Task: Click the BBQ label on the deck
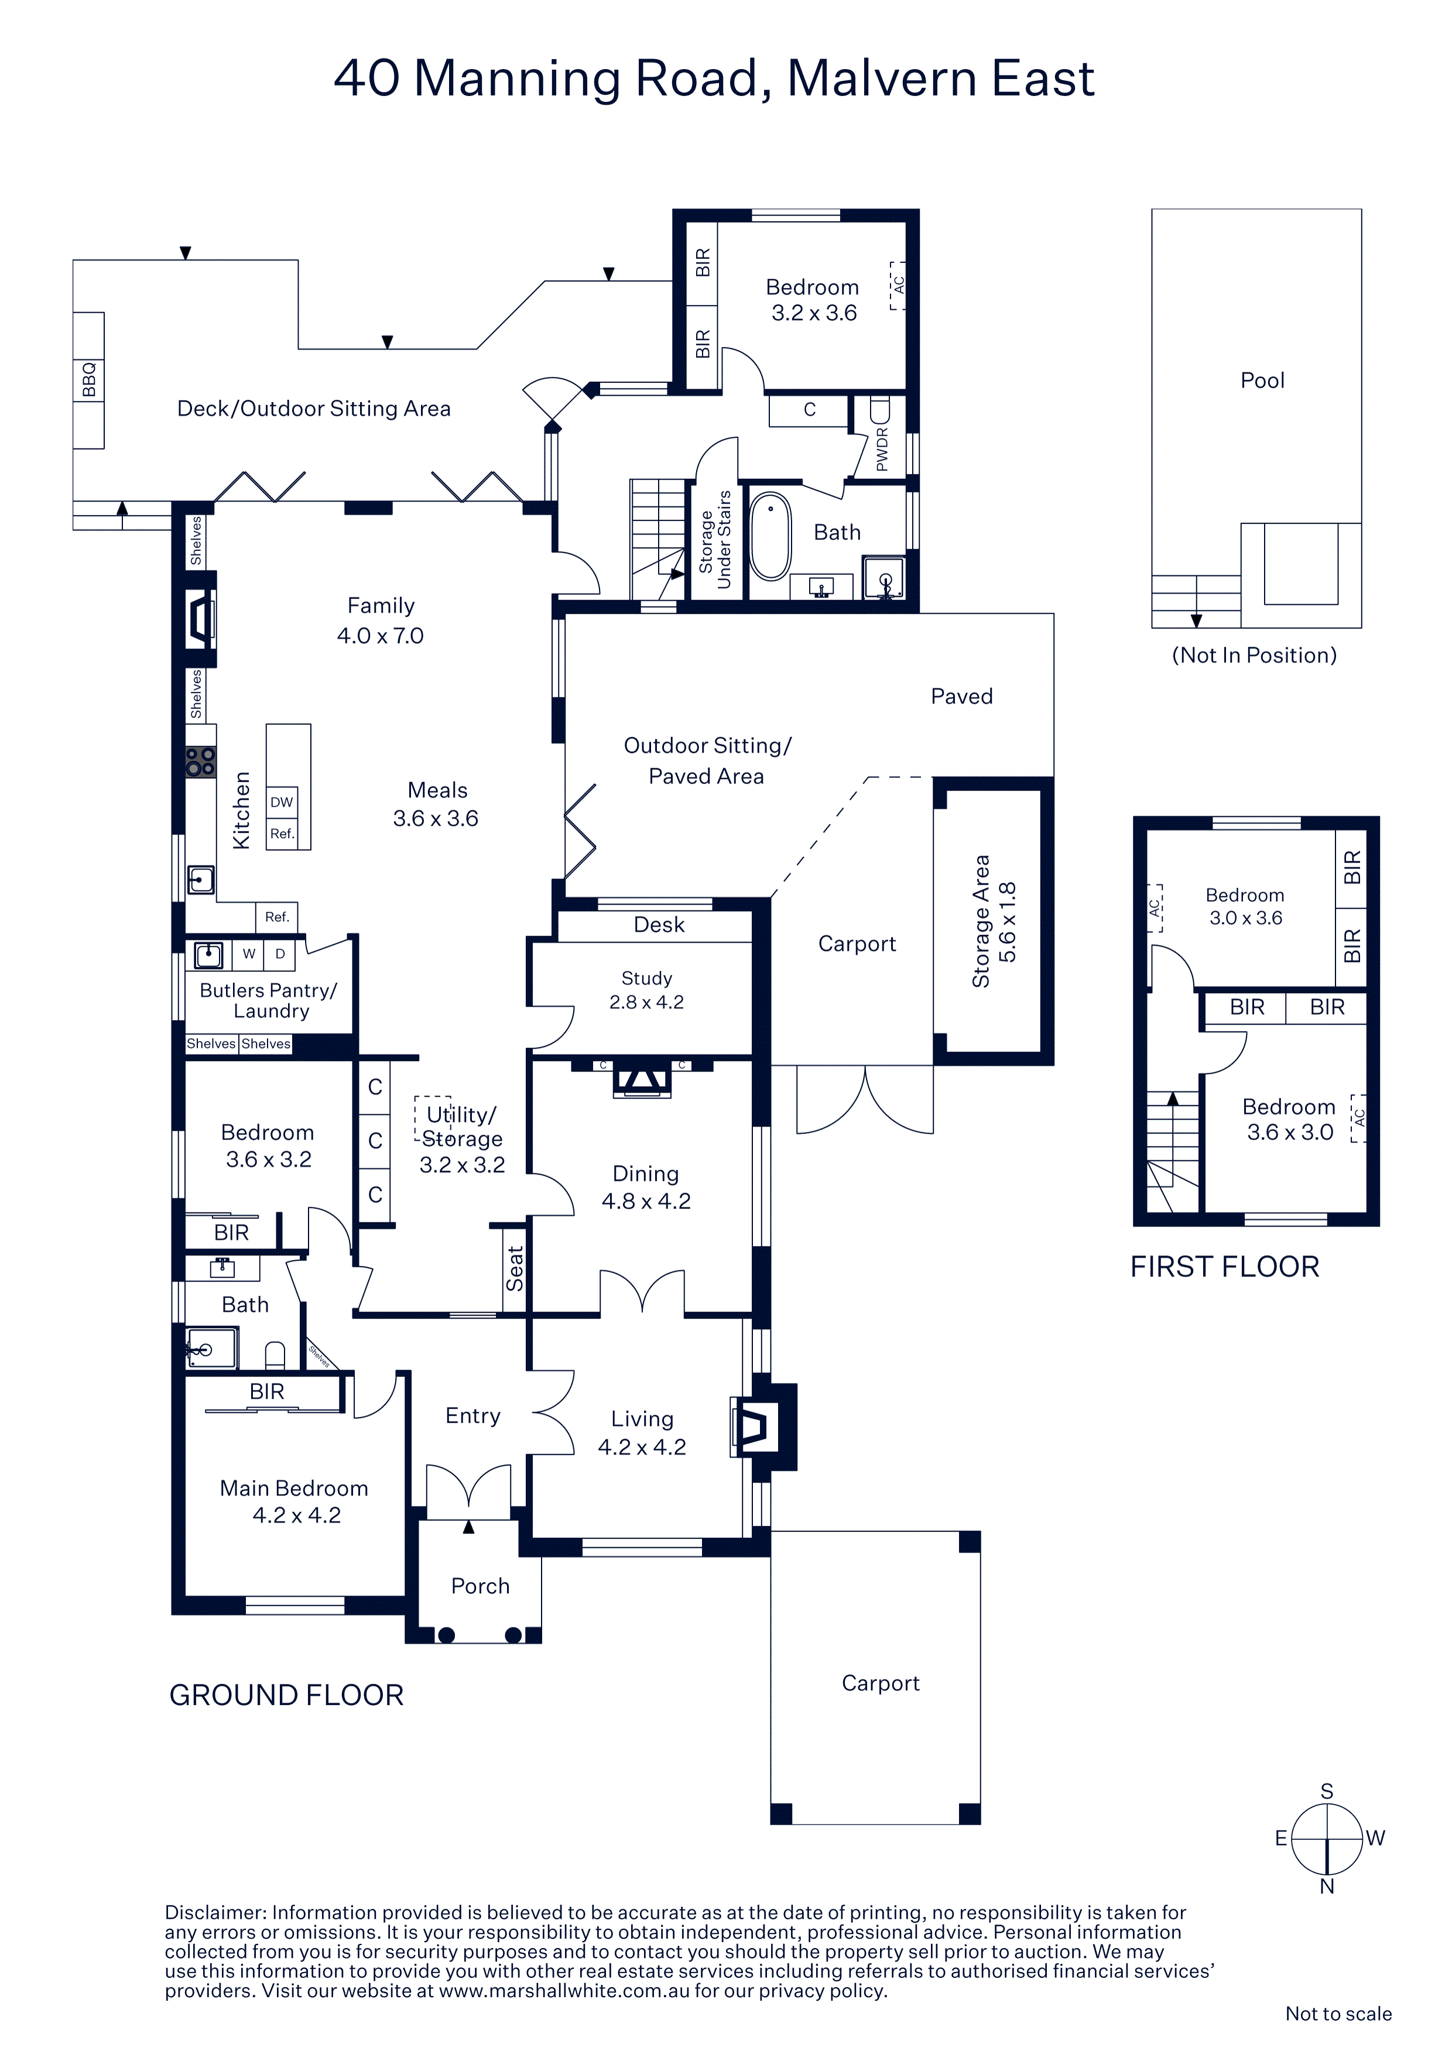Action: [x=88, y=379]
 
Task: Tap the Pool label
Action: [x=1262, y=380]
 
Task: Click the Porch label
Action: [x=481, y=1586]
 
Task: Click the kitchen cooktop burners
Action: [x=200, y=762]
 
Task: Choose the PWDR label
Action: [x=882, y=449]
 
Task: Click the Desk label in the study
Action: [x=659, y=925]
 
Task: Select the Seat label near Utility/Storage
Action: [x=515, y=1269]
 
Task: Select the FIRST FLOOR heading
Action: [x=1225, y=1266]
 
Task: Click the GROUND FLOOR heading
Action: [x=286, y=1695]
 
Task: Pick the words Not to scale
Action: [x=1338, y=2014]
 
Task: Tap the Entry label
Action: [x=473, y=1416]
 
